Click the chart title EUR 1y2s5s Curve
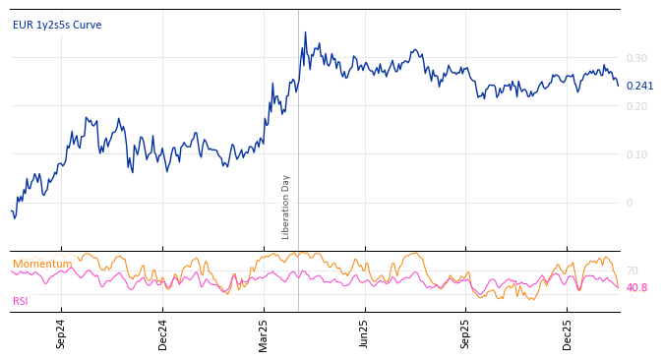[x=57, y=26]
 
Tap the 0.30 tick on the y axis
[x=637, y=58]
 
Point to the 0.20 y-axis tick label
[x=637, y=106]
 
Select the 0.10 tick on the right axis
[x=637, y=154]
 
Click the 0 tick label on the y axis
[x=631, y=203]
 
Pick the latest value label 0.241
[x=639, y=87]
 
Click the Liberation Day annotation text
[x=286, y=207]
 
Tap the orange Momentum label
[x=42, y=265]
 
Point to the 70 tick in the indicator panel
[x=633, y=270]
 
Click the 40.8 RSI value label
[x=636, y=288]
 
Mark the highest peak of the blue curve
[x=305, y=32]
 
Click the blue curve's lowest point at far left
[x=14, y=218]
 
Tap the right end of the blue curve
[x=619, y=86]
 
